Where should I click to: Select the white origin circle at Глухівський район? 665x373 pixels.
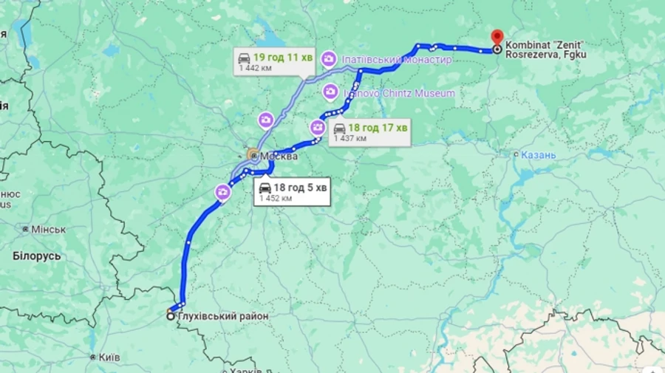pyautogui.click(x=171, y=316)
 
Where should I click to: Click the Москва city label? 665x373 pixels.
pyautogui.click(x=279, y=157)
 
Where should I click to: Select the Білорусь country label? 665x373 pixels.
pyautogui.click(x=36, y=256)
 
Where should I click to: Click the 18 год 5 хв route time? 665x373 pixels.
pyautogui.click(x=300, y=188)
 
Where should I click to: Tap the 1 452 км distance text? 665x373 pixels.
pyautogui.click(x=275, y=198)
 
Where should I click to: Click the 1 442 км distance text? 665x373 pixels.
pyautogui.click(x=255, y=67)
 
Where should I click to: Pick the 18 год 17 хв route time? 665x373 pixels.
pyautogui.click(x=378, y=128)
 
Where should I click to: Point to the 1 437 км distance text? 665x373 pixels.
pyautogui.click(x=349, y=138)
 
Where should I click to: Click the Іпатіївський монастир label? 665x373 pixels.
pyautogui.click(x=396, y=59)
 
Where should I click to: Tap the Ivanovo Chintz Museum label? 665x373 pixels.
pyautogui.click(x=399, y=93)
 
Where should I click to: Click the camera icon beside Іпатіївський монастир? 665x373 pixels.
pyautogui.click(x=329, y=59)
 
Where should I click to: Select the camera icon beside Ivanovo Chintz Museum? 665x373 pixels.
pyautogui.click(x=331, y=92)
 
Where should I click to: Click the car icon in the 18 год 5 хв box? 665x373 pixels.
pyautogui.click(x=265, y=188)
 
